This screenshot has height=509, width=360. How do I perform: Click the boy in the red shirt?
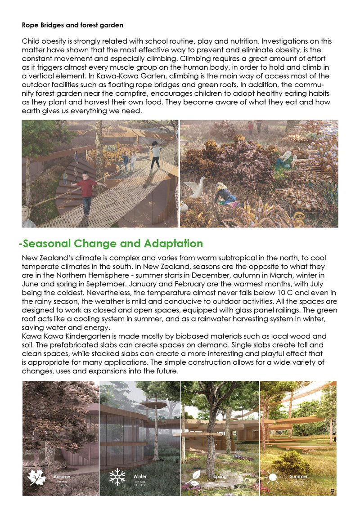86,189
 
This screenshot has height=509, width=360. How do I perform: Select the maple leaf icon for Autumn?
37,478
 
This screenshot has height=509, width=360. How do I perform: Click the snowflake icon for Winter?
118,478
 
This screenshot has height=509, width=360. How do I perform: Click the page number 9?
332,491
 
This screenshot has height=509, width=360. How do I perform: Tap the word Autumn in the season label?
62,476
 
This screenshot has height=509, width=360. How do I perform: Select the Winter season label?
140,476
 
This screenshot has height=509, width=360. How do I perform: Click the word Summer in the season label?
298,476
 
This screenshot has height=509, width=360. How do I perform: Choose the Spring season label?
220,476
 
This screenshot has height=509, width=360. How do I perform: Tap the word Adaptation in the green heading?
174,244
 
